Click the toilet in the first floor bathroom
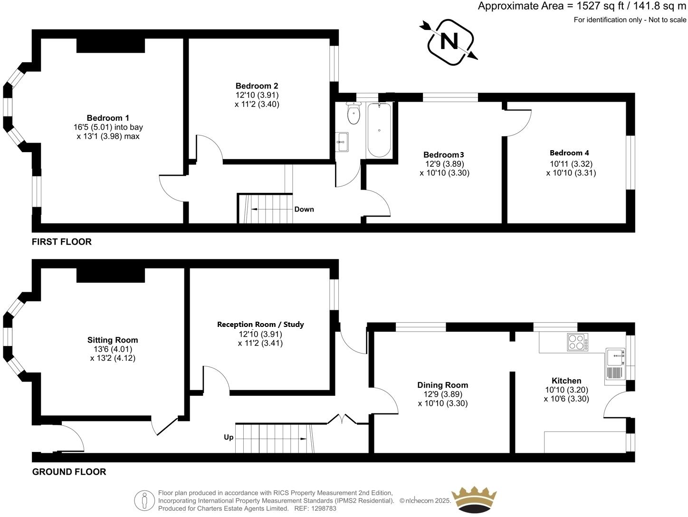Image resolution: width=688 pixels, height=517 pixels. pos(354,114)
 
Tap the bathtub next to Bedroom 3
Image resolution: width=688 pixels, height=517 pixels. pos(379,130)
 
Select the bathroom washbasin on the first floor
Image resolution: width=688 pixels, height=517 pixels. pos(342,141)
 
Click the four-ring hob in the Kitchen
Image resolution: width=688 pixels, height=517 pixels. pos(578,343)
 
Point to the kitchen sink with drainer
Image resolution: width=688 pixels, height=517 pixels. pos(614,364)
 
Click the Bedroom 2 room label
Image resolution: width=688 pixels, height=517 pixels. pos(257,86)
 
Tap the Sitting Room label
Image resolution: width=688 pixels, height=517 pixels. pos(113,340)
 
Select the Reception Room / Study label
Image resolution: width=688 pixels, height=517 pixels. pos(260,325)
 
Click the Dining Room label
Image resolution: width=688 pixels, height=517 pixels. pos(443,385)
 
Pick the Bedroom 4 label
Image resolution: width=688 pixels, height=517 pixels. pos(569,153)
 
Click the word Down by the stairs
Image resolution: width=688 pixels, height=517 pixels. pos(304,209)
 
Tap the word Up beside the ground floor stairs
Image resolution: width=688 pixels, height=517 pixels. pos(229,437)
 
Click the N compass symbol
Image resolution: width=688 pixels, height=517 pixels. pos(449,41)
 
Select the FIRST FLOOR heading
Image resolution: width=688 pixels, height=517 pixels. pos(62,241)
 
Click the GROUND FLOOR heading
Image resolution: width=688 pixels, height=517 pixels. pos(69,472)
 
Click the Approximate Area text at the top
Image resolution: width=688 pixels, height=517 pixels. pos(582,6)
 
